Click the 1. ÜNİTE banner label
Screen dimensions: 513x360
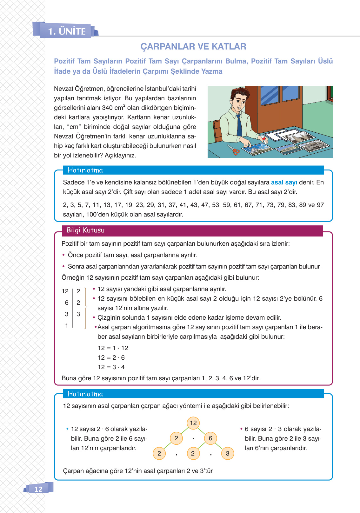(67, 31)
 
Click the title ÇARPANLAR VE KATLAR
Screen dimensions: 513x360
(193, 46)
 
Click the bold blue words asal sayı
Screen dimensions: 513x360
(284, 182)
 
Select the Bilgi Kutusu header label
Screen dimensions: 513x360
(85, 230)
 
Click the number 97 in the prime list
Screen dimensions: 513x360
(320, 205)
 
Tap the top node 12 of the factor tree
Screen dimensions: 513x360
(193, 423)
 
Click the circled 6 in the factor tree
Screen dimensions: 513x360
(210, 438)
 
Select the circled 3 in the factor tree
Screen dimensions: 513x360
(227, 453)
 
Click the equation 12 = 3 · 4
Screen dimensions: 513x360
(111, 367)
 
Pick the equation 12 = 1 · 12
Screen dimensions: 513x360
(113, 348)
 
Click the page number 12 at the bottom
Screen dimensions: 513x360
(38, 489)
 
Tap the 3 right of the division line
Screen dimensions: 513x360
(78, 314)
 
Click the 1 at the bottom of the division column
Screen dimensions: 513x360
(67, 325)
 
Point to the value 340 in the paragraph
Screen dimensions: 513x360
(107, 108)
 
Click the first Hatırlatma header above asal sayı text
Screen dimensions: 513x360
(85, 170)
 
